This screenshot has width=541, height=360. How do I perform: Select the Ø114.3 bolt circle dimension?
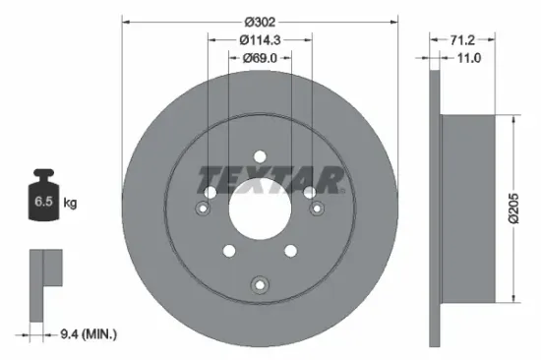click(261, 39)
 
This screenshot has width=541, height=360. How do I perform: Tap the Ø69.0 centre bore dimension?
click(261, 59)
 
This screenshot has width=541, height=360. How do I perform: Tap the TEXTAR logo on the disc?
click(271, 180)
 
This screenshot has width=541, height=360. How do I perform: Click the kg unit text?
click(71, 203)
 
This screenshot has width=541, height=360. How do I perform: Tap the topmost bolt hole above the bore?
click(260, 155)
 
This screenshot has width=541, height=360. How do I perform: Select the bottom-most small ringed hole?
click(260, 285)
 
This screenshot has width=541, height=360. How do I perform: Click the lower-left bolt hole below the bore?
click(227, 251)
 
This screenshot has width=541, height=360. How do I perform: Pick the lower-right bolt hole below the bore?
click(292, 251)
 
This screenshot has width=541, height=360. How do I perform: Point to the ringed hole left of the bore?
click(204, 208)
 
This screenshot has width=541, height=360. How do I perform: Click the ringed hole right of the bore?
click(316, 208)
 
